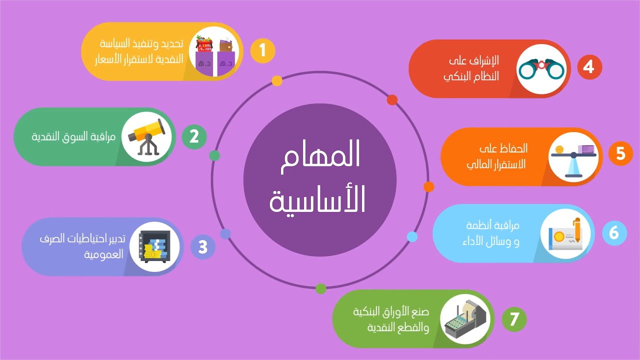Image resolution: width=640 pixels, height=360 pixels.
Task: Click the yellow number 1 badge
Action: [262, 51]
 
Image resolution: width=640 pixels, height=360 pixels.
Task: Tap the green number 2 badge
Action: [194, 136]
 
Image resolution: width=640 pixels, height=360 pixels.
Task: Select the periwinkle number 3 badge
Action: [203, 247]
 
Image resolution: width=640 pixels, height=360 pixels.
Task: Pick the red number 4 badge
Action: [589, 67]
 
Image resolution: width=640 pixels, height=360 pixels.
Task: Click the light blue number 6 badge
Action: [614, 233]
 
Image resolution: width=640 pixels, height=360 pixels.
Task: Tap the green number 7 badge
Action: [514, 318]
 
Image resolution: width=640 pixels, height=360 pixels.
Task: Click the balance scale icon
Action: [573, 155]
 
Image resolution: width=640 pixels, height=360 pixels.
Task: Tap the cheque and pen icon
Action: [565, 234]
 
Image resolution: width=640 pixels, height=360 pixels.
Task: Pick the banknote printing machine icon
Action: [463, 318]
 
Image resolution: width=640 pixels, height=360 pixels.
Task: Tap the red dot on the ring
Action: [392, 100]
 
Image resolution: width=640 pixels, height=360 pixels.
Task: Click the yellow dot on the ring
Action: [277, 81]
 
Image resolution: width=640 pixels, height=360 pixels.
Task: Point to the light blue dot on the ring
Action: [412, 236]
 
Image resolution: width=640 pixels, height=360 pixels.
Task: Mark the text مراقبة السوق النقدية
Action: [74, 136]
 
